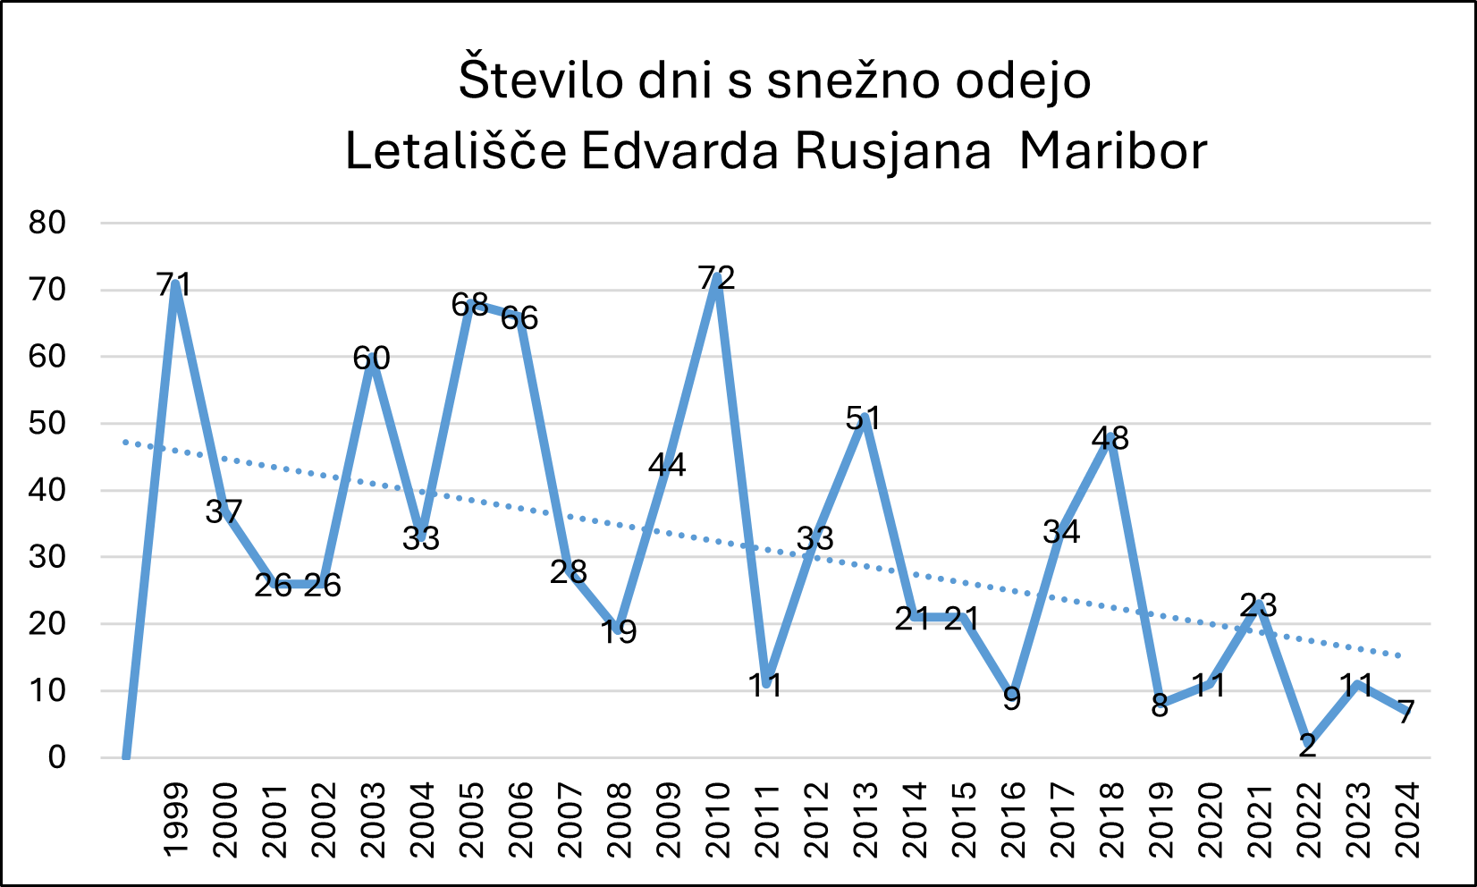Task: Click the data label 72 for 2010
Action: tap(716, 278)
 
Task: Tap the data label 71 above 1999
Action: tap(174, 285)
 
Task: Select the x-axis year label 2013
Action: tap(865, 819)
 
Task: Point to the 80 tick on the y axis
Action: tap(47, 223)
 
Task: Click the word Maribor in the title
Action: tap(1112, 151)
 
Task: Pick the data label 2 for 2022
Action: tap(1307, 746)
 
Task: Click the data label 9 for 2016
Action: tap(1011, 698)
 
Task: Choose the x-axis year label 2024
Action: tap(1407, 819)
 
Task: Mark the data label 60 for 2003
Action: tap(371, 359)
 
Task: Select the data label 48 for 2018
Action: tap(1110, 439)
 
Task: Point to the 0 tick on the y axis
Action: tap(56, 757)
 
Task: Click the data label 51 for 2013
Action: tap(864, 418)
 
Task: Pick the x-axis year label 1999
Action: tap(176, 819)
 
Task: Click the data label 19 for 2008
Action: tap(618, 632)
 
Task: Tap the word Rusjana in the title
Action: tap(892, 151)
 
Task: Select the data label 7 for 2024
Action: tap(1405, 713)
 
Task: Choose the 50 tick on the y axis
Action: tap(47, 423)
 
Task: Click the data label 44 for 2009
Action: tap(667, 465)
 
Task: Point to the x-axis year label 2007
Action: tap(570, 819)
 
